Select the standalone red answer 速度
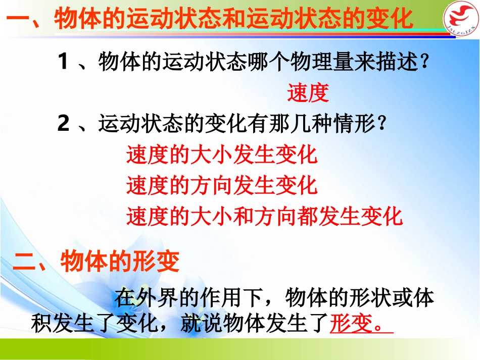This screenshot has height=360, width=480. pyautogui.click(x=308, y=93)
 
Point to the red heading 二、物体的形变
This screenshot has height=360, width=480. pyautogui.click(x=96, y=262)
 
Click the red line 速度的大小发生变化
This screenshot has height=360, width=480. pyautogui.click(x=222, y=155)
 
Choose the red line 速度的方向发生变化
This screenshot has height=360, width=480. pyautogui.click(x=222, y=185)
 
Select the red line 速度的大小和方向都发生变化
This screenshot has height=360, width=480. pyautogui.click(x=264, y=216)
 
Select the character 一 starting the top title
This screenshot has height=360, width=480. pyautogui.click(x=19, y=21)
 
